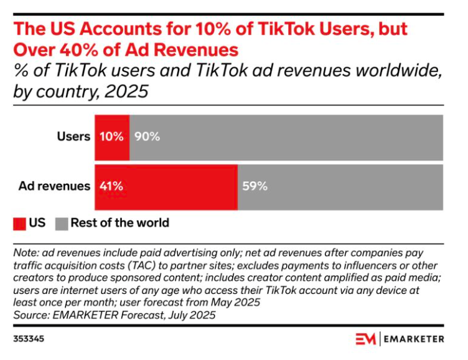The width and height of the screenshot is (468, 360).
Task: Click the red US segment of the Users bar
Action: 112,138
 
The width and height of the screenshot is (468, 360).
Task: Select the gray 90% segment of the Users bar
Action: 286,138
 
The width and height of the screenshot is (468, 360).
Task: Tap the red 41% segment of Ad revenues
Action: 166,187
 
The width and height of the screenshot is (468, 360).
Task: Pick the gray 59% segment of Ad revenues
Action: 340,187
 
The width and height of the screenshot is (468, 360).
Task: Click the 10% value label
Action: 111,136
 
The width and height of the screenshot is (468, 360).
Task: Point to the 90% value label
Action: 147,136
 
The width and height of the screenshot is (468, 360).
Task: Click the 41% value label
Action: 111,186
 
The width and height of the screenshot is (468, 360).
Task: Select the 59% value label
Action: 255,186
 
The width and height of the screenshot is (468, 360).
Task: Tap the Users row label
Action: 73,136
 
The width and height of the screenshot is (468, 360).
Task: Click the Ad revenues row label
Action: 54,186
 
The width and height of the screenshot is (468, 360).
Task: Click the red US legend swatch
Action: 19,224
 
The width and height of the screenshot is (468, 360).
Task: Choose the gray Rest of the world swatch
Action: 62,224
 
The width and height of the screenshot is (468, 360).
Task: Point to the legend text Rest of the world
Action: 120,223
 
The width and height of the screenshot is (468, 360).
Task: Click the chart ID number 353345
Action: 29,339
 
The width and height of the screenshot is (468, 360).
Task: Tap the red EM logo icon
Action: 366,339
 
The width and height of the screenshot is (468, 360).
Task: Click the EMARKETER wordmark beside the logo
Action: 414,339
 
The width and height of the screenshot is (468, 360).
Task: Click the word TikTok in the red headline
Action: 286,29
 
